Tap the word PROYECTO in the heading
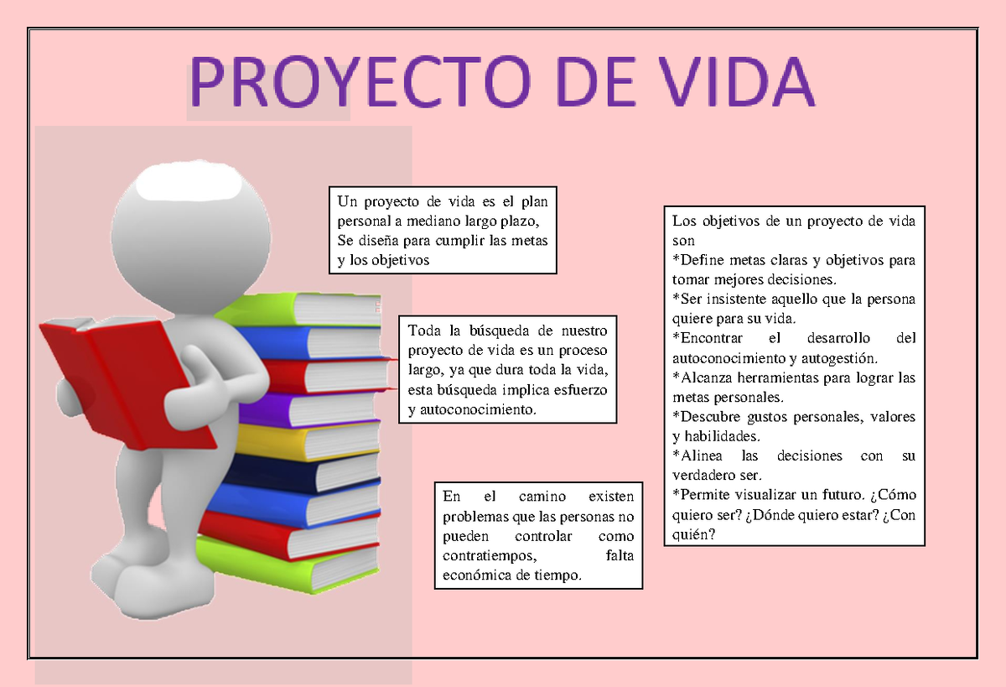click(x=360, y=81)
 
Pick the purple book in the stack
click(x=310, y=408)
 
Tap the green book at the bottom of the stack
click(x=288, y=566)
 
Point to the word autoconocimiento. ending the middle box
click(x=479, y=409)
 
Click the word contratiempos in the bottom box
click(x=490, y=556)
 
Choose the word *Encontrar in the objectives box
click(x=708, y=338)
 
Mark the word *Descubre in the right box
click(x=707, y=417)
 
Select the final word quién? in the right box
click(x=693, y=534)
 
